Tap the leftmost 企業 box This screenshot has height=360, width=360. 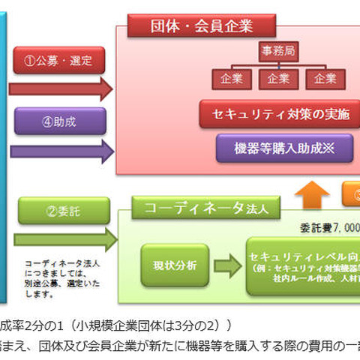[x=227, y=79]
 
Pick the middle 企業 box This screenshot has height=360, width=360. [x=274, y=79]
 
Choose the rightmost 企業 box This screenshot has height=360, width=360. [x=323, y=79]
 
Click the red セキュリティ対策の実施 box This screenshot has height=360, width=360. [x=274, y=115]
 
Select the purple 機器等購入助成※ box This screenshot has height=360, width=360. [x=274, y=148]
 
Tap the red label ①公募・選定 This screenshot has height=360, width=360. [x=59, y=60]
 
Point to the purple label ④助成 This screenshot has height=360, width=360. [x=58, y=120]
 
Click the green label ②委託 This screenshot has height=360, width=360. [x=54, y=211]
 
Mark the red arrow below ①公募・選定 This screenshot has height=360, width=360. [x=60, y=88]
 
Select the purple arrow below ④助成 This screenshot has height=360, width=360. [x=60, y=150]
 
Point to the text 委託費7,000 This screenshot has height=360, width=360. [x=330, y=226]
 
